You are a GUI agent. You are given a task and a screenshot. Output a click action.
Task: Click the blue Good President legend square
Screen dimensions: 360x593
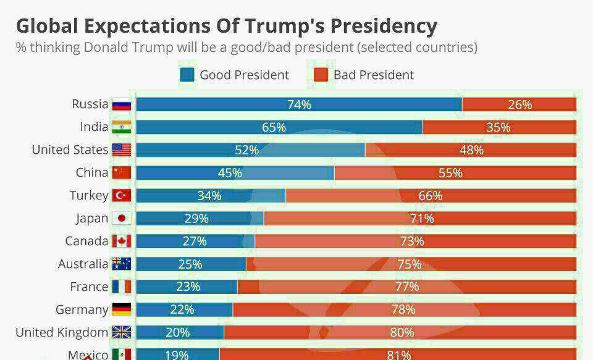187,75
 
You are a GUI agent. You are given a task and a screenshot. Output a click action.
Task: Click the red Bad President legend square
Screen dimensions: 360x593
321,75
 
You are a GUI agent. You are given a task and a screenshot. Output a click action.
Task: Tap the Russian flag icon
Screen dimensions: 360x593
122,104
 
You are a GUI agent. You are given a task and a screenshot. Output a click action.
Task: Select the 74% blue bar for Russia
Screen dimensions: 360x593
299,104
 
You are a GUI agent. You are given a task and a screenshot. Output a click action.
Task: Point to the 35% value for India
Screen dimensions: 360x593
498,127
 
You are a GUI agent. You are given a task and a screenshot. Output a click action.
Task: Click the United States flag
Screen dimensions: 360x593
122,150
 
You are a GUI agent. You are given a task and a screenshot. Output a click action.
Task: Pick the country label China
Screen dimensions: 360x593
92,172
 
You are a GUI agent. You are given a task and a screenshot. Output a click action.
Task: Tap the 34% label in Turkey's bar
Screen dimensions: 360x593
209,196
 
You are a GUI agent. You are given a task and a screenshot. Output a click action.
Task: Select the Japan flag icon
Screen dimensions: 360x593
122,219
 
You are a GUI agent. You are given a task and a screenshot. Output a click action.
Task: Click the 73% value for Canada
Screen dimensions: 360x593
412,241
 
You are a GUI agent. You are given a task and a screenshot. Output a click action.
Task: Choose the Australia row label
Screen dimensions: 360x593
83,264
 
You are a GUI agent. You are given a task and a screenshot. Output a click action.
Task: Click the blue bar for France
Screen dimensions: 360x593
187,287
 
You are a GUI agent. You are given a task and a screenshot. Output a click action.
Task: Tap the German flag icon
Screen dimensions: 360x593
122,309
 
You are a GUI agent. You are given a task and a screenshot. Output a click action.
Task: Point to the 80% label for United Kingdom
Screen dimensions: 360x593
402,332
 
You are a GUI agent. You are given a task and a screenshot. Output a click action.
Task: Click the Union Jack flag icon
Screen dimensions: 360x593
122,332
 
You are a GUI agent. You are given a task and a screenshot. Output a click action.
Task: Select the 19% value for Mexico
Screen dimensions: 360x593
177,354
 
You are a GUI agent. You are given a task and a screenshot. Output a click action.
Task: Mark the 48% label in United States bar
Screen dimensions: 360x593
471,150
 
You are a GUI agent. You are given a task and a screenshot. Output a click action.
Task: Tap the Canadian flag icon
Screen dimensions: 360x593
122,241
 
